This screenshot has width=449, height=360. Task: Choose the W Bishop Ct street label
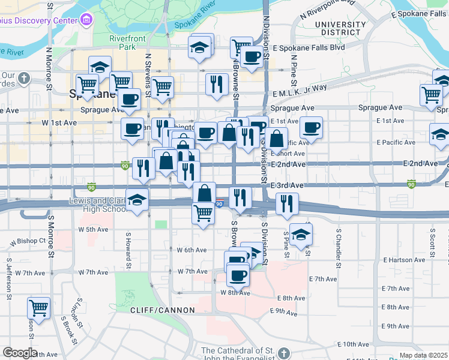click(x=28, y=241)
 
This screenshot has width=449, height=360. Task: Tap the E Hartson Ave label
click(x=406, y=260)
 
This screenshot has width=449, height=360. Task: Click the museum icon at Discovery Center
click(x=86, y=20)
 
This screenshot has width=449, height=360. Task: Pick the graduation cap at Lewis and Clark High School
click(x=137, y=200)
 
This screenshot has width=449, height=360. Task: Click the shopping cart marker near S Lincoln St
click(x=38, y=307)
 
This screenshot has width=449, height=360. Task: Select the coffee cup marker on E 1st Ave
click(x=311, y=127)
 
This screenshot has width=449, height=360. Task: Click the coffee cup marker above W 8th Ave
click(x=238, y=275)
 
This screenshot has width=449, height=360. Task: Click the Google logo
click(x=20, y=353)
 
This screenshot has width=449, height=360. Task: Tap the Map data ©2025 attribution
click(x=423, y=355)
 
